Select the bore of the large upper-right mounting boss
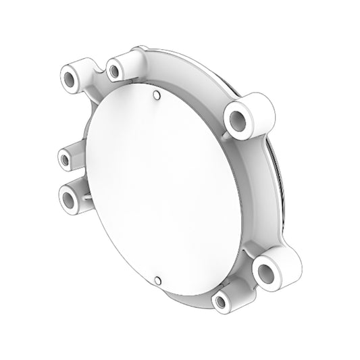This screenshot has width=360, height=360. [238, 122]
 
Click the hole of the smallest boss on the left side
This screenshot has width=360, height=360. [65, 160]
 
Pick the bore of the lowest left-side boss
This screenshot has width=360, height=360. [70, 197]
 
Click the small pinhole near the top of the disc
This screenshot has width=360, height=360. [157, 95]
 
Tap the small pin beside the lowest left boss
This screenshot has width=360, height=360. [88, 197]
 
